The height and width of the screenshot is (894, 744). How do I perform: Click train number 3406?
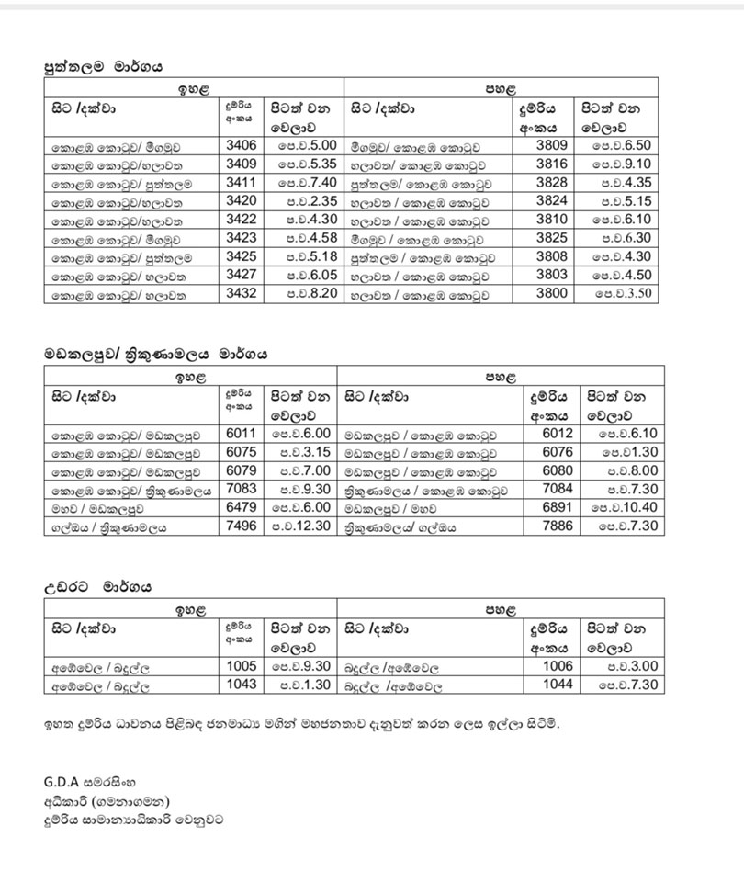coord(241,145)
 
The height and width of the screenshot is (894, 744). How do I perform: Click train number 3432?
coord(241,294)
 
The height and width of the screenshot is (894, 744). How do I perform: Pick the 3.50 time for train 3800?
coord(622,294)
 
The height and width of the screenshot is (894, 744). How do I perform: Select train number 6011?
coord(241,433)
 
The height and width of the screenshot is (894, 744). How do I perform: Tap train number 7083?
coord(241,489)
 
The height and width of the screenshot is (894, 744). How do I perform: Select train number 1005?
coord(241,666)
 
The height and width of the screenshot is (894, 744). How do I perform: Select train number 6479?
coord(241,507)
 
